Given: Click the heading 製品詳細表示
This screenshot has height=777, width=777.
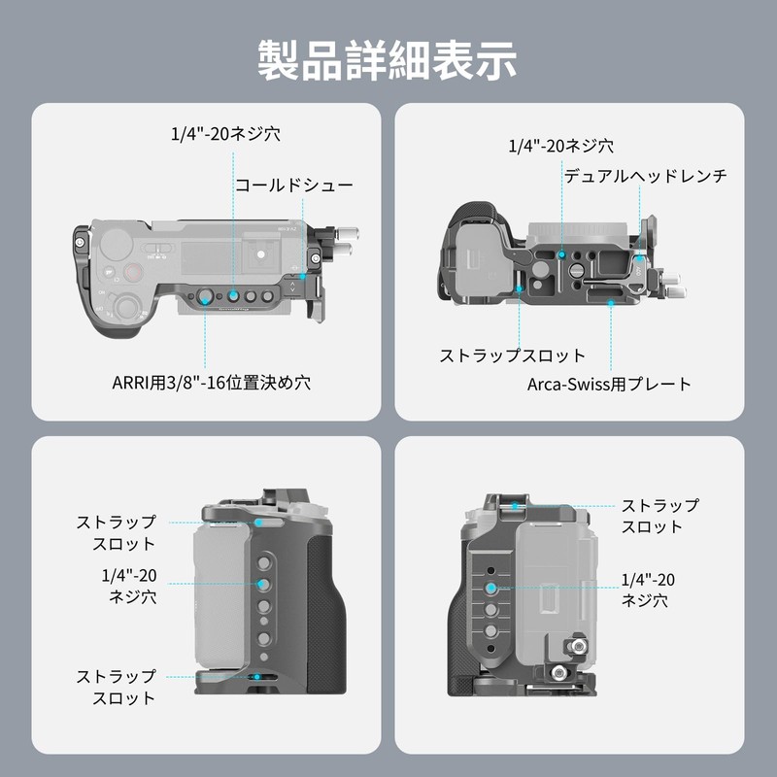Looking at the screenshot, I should (x=388, y=59).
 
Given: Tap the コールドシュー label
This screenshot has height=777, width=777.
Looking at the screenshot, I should (x=293, y=185).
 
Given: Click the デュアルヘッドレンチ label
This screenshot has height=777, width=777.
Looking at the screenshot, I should (x=645, y=176).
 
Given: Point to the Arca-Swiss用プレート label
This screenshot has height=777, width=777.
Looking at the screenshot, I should (x=609, y=384).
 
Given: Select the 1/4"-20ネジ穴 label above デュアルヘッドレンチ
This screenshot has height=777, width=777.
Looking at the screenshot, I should (x=561, y=146).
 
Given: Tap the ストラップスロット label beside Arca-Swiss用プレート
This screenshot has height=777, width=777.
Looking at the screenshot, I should (x=513, y=355).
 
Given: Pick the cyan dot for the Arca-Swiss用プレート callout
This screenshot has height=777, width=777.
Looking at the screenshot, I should (x=610, y=305).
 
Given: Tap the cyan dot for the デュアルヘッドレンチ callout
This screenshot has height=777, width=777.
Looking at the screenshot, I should (x=641, y=260).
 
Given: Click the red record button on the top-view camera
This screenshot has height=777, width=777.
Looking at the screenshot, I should (x=108, y=273).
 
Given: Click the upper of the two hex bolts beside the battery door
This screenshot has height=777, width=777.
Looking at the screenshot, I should (x=579, y=645).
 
